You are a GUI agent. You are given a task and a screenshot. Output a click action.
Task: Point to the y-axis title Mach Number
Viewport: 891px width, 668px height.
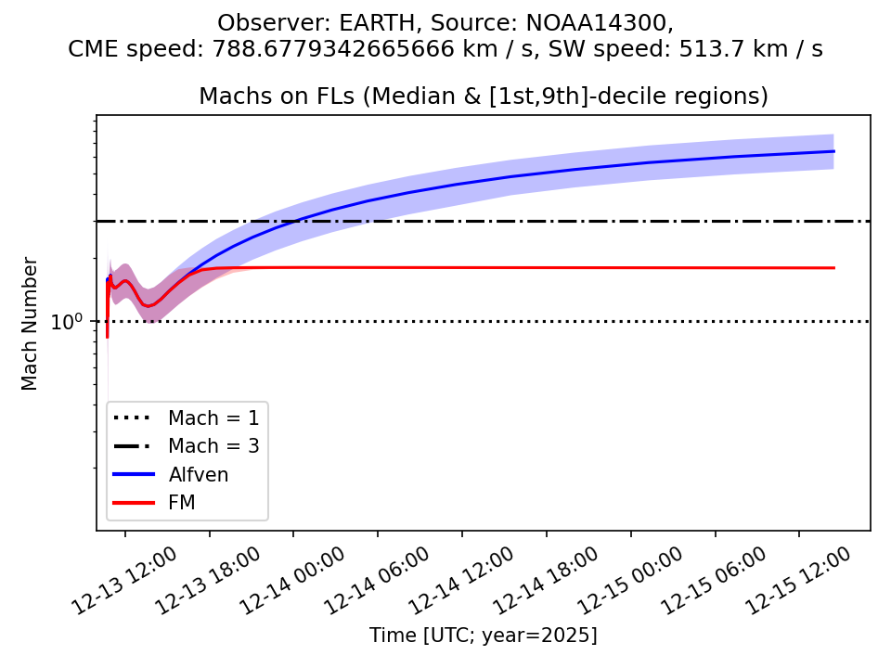point(30,323)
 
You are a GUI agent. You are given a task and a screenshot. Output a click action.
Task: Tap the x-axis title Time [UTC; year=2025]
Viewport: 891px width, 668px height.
point(484,636)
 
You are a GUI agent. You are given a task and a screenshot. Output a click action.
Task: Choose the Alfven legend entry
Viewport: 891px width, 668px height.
point(198,474)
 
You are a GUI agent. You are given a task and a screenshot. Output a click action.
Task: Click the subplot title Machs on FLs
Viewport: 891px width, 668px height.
point(484,96)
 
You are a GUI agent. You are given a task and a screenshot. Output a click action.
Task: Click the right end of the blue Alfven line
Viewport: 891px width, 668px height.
point(833,151)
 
